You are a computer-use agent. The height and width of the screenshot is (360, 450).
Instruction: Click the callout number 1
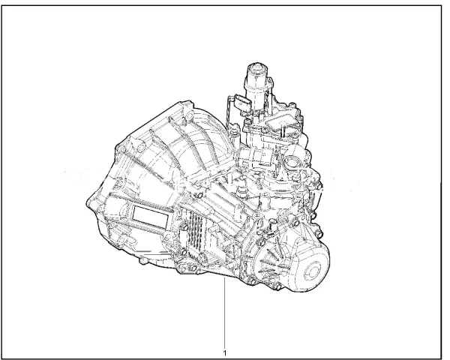224,349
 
